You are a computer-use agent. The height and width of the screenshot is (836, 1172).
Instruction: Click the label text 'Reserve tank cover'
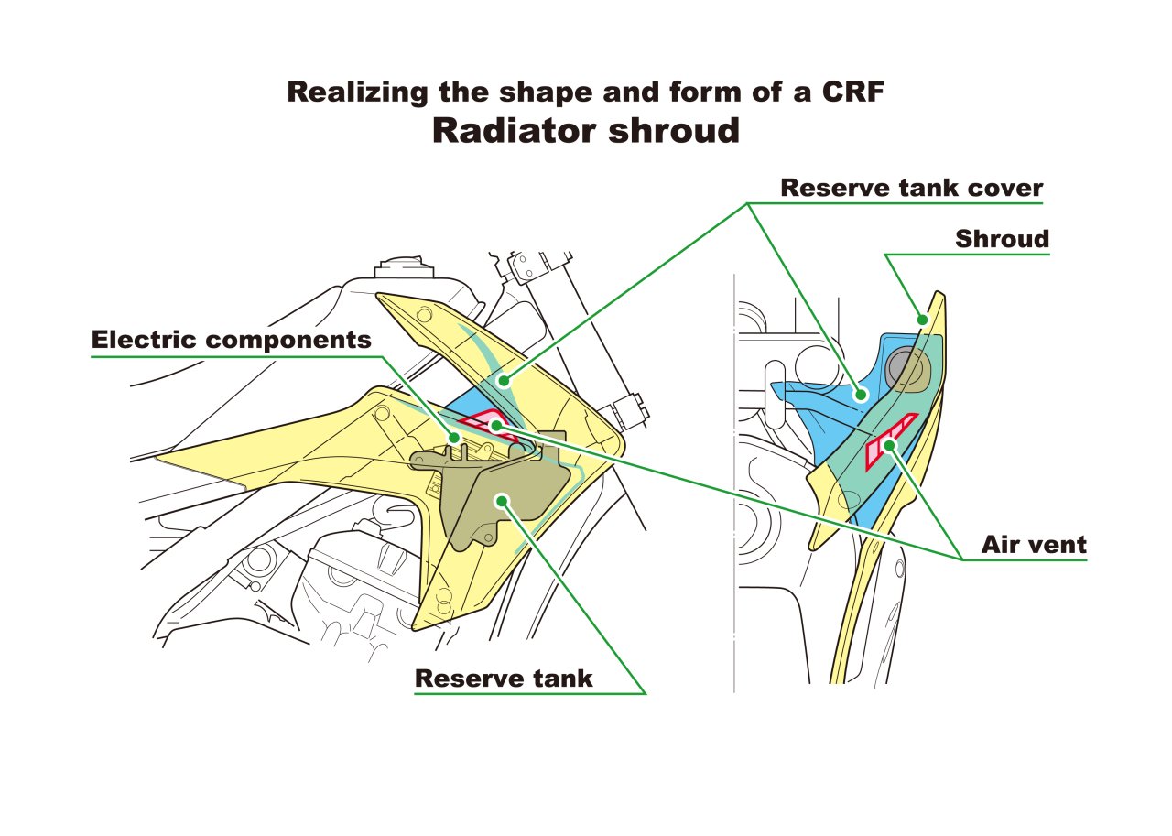click(x=911, y=188)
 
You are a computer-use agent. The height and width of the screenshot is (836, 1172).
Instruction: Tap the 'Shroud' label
click(x=1002, y=239)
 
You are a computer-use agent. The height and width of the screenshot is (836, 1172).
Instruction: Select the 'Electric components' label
click(x=232, y=340)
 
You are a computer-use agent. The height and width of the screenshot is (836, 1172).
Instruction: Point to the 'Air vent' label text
click(x=1034, y=545)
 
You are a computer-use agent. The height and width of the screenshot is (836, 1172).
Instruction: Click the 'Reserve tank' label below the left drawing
click(x=504, y=679)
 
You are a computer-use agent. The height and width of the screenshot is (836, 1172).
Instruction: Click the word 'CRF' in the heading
click(x=853, y=92)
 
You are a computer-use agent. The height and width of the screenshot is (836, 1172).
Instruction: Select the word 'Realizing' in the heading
click(x=358, y=92)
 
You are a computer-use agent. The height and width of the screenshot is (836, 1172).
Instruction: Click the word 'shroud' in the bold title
click(x=675, y=131)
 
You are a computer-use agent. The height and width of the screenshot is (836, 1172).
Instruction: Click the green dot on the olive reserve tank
click(x=503, y=501)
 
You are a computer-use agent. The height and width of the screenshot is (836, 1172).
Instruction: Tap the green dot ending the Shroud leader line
click(x=922, y=320)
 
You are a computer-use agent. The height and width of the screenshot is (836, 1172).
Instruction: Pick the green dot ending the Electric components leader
click(x=454, y=438)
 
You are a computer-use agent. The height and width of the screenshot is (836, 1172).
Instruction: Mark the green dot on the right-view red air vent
click(x=889, y=446)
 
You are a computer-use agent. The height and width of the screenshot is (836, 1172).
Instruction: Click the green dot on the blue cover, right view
click(x=861, y=395)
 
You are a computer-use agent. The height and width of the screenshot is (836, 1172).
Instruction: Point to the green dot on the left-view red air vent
click(x=496, y=426)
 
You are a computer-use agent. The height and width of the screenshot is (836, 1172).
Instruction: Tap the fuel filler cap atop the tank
click(x=404, y=267)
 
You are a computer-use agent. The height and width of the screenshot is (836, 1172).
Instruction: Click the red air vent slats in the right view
click(x=891, y=441)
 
